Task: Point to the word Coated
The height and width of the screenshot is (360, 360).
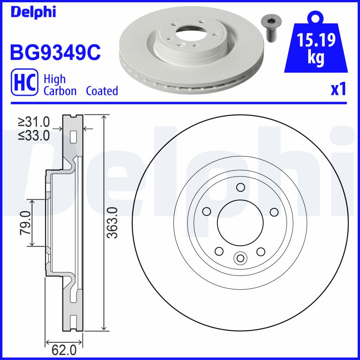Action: coord(102,91)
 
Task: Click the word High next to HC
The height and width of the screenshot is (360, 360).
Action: coord(54,79)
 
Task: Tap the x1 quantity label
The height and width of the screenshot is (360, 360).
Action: coord(338,90)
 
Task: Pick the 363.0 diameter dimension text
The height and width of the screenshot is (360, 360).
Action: coord(113,223)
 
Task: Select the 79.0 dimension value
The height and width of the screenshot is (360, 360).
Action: coord(25,223)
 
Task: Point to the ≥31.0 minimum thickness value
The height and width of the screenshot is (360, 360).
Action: coord(34,121)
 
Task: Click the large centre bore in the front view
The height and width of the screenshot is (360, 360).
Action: coord(240,222)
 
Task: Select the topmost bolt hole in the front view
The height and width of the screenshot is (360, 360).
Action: coord(240,188)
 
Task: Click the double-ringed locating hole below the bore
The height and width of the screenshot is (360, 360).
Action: coord(240,258)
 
